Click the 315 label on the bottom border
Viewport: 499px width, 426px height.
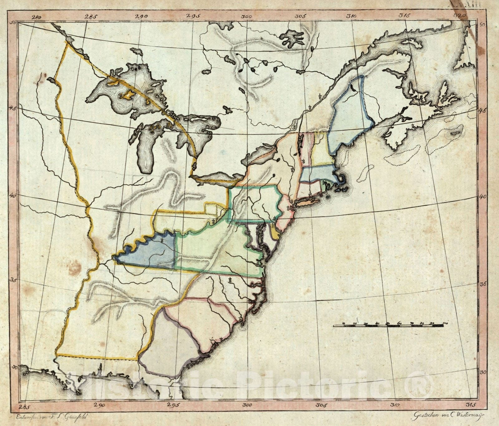(471, 405)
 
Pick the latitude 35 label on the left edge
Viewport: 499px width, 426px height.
(14, 280)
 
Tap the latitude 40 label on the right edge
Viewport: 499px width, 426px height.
(482, 197)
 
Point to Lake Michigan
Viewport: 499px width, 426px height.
(145, 150)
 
